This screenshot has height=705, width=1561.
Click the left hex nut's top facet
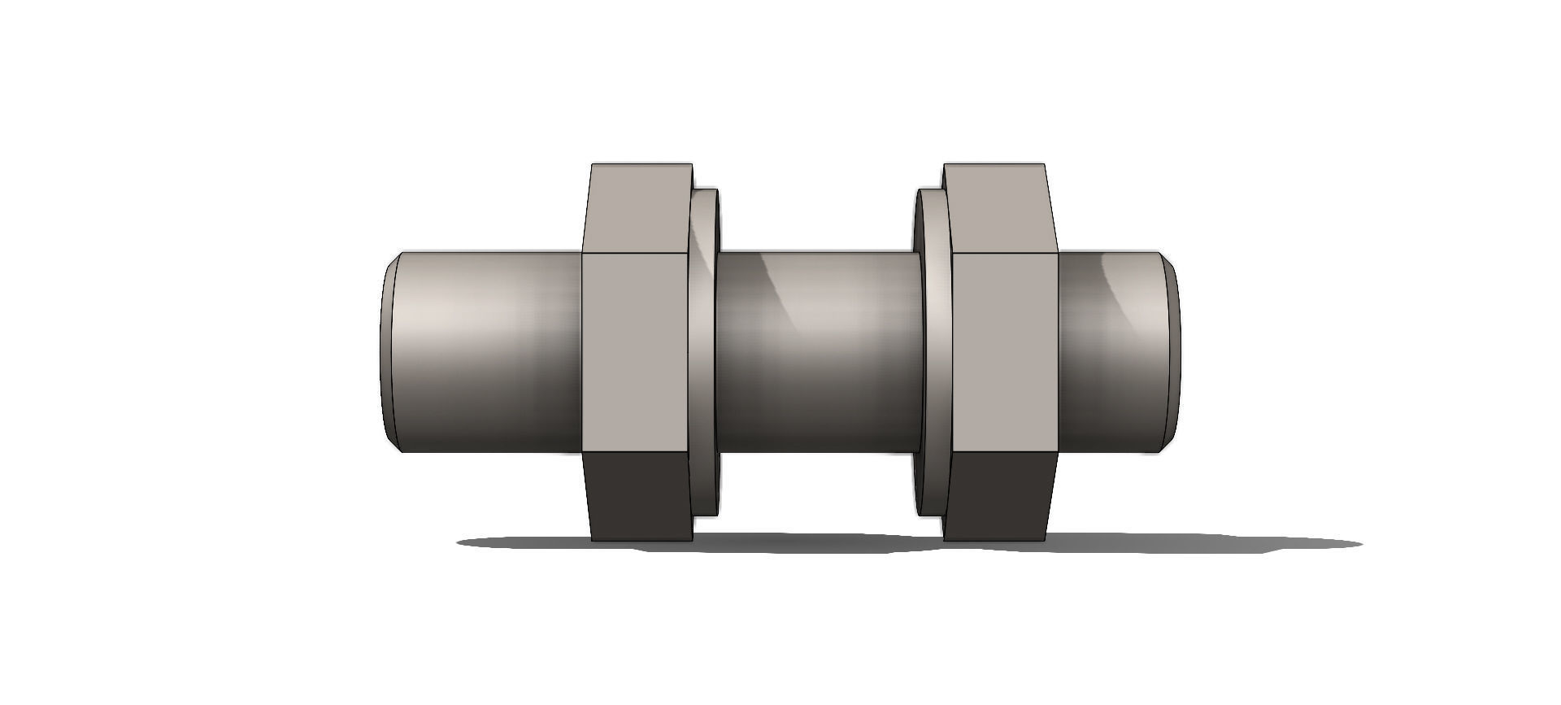[638, 208]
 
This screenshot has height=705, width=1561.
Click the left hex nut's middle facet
[637, 351]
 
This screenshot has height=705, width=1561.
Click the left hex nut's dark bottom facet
[639, 496]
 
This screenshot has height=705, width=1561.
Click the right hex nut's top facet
[998, 208]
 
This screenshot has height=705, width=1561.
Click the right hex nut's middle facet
[1004, 351]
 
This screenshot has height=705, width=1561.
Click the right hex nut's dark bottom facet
[998, 496]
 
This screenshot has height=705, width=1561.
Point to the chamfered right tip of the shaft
[1173, 351]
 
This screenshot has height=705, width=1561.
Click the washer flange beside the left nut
[704, 351]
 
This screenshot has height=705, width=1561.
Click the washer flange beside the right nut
[933, 351]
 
